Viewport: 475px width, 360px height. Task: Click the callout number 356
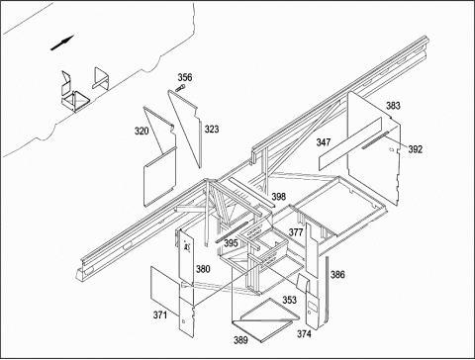(x=185, y=77)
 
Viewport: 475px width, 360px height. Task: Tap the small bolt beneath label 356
(x=180, y=88)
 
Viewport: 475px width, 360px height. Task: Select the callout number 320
(x=142, y=132)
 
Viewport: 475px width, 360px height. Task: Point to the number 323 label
(x=212, y=130)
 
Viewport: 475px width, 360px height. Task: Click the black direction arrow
(x=62, y=44)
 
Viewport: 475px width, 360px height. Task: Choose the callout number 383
(x=393, y=106)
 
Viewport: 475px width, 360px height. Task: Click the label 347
(x=324, y=142)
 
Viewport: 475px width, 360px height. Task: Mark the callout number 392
(x=416, y=149)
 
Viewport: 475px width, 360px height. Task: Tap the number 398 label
(x=279, y=197)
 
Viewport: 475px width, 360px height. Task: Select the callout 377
(x=296, y=232)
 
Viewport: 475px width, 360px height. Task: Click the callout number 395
(x=231, y=243)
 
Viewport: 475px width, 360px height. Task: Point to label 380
(x=203, y=269)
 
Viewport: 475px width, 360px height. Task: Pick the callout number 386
(x=337, y=274)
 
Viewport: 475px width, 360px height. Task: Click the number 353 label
(x=289, y=300)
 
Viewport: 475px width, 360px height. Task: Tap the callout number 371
(x=160, y=315)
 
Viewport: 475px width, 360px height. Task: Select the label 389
(x=240, y=340)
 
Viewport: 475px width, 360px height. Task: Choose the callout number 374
(x=304, y=334)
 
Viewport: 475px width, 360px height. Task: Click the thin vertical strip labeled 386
(x=328, y=290)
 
